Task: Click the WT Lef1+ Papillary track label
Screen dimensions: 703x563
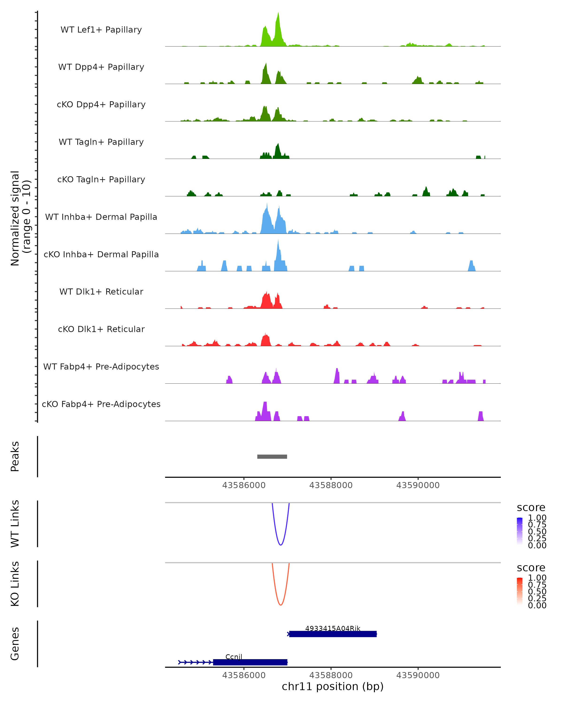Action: pos(101,30)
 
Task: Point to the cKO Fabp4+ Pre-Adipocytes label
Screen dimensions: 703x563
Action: pos(101,404)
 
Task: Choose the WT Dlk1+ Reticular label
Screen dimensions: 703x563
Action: pos(101,292)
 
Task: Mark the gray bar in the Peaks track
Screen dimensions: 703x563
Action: pos(272,456)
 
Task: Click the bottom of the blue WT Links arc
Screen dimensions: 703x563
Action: pos(280,545)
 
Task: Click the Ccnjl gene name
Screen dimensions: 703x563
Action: pos(234,657)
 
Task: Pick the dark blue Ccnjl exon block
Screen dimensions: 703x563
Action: pos(250,662)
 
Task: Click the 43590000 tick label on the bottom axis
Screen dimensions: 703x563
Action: pos(418,675)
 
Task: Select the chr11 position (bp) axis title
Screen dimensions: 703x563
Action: pos(333,687)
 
